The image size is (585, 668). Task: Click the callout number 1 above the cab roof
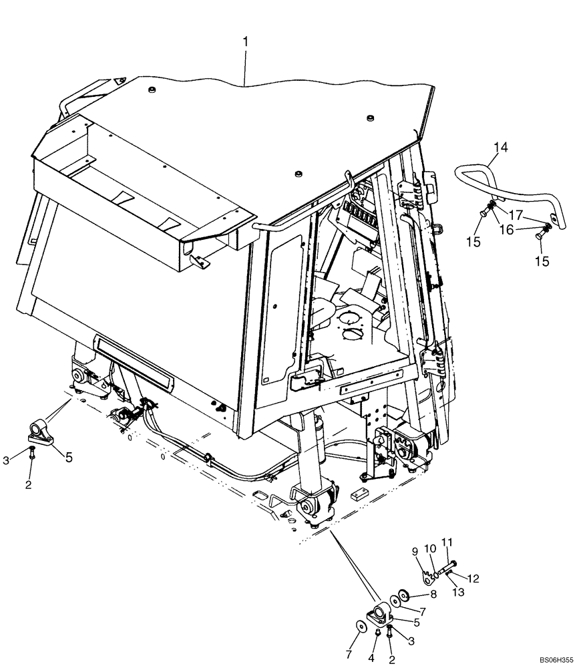(x=245, y=41)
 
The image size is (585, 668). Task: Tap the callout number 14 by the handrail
(x=500, y=147)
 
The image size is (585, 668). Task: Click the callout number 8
(x=433, y=593)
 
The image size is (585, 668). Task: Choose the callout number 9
(x=415, y=551)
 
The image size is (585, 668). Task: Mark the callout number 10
(x=431, y=548)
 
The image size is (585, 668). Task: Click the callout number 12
(x=473, y=578)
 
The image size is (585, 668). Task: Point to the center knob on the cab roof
(x=296, y=174)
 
